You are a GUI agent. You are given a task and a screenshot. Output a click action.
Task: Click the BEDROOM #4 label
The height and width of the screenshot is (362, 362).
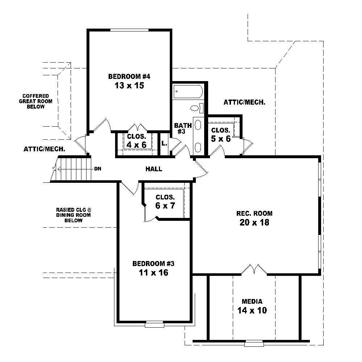click(129, 76)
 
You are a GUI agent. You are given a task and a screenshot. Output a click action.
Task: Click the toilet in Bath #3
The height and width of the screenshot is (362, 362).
click(195, 108)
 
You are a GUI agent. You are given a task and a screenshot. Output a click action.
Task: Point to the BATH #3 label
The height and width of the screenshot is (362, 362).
click(181, 128)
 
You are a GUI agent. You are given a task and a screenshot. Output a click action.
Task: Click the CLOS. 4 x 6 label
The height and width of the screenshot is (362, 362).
click(136, 140)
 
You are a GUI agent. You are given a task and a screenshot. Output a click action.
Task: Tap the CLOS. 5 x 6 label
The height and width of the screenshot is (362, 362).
click(220, 134)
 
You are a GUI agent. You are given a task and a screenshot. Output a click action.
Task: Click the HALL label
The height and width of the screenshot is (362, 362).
click(154, 169)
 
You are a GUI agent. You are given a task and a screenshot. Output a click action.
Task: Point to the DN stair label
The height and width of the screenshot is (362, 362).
click(97, 169)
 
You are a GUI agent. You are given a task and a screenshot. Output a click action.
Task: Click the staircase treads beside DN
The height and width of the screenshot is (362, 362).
click(72, 169)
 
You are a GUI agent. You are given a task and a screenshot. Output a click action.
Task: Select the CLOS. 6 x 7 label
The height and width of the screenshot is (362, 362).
click(165, 201)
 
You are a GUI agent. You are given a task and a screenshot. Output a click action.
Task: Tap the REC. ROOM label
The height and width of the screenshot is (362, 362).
click(254, 213)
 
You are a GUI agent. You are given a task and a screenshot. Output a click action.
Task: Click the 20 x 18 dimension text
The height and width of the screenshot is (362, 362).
click(254, 222)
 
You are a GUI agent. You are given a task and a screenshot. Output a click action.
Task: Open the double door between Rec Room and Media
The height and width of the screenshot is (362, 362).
click(254, 270)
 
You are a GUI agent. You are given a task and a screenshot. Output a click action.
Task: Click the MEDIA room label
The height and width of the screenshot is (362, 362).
click(252, 301)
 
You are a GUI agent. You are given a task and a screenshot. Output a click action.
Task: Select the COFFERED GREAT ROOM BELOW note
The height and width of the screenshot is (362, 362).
click(35, 101)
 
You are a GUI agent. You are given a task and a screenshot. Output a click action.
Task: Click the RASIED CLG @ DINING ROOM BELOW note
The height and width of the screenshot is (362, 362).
click(73, 215)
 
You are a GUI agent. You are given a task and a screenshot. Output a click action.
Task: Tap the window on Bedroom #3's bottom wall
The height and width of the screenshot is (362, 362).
click(155, 324)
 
